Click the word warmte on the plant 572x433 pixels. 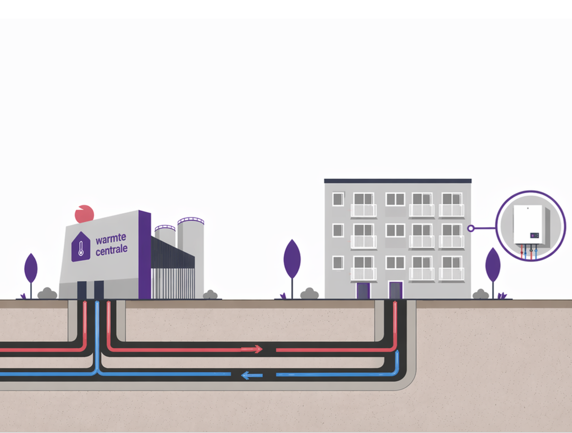click(111, 238)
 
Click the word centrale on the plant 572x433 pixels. click(112, 250)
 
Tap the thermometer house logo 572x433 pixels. click(81, 246)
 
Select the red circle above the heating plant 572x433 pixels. click(84, 214)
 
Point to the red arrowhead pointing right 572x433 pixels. click(258, 349)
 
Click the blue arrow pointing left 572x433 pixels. click(252, 375)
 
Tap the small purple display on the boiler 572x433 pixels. click(534, 236)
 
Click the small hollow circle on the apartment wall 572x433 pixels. click(471, 228)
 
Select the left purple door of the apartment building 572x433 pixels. click(363, 290)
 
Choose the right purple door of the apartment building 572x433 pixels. click(396, 290)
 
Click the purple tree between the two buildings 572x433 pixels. click(292, 268)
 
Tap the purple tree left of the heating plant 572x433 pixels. click(31, 275)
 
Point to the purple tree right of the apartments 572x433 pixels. click(493, 273)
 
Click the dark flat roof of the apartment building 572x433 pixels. click(397, 181)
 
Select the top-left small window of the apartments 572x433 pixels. click(338, 199)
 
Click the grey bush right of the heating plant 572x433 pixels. click(210, 295)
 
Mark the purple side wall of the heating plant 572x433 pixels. click(145, 255)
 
